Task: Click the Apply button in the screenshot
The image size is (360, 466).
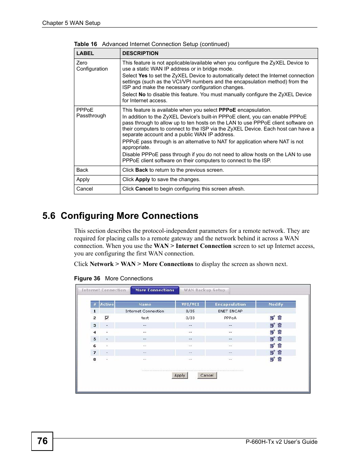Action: [x=180, y=375]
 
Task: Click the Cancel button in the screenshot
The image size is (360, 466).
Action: [x=207, y=375]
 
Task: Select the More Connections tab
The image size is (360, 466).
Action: [x=155, y=290]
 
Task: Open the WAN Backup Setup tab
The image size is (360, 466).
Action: [x=204, y=290]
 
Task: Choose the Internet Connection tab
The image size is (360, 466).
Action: [x=104, y=290]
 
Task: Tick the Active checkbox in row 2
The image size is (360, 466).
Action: [x=107, y=318]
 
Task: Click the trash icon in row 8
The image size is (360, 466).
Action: [x=280, y=359]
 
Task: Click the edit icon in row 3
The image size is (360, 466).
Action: [x=272, y=325]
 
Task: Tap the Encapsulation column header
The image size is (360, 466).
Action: [x=230, y=305]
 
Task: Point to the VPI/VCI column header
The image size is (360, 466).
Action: [x=190, y=305]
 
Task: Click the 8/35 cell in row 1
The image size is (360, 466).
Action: [x=190, y=311]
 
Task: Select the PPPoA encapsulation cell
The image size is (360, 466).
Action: [x=230, y=318]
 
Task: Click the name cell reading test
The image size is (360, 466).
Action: [x=145, y=318]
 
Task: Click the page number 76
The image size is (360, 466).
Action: [x=42, y=441]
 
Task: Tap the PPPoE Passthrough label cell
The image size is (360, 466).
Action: [x=91, y=113]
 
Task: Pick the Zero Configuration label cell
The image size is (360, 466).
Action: [x=92, y=66]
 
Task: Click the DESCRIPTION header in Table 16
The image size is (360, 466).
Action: [x=140, y=53]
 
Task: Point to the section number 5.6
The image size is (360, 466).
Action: [x=49, y=216]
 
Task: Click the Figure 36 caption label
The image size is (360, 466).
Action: [x=87, y=278]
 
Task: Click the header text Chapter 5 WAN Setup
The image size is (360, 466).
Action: [x=71, y=23]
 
